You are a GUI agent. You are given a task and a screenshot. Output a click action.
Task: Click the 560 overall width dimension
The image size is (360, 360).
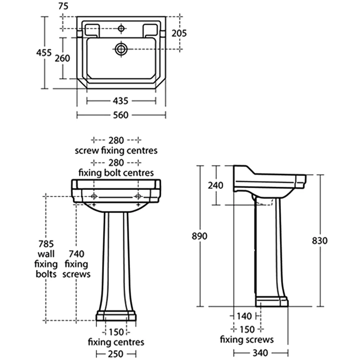[x=121, y=115]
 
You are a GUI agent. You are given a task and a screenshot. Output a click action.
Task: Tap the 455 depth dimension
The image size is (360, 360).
[x=43, y=53]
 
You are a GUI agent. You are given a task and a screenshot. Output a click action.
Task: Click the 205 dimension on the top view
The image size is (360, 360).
[x=179, y=33]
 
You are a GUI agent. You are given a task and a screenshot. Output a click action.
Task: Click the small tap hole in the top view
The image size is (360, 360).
[x=121, y=29]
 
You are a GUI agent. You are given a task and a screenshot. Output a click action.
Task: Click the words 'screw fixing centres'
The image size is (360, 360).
[x=116, y=150]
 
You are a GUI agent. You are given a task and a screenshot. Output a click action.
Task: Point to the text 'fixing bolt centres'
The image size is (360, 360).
[x=116, y=172]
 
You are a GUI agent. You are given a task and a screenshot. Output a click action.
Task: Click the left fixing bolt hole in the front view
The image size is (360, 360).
[x=94, y=197]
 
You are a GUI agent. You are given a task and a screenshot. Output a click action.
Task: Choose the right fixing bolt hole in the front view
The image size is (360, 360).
[x=138, y=197]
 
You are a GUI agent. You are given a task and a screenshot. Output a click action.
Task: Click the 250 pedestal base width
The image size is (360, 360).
[x=116, y=354]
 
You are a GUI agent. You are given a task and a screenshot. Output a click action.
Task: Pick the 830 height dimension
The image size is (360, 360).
[x=319, y=240]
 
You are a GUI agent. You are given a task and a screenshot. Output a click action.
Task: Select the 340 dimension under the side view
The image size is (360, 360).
[x=261, y=354]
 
